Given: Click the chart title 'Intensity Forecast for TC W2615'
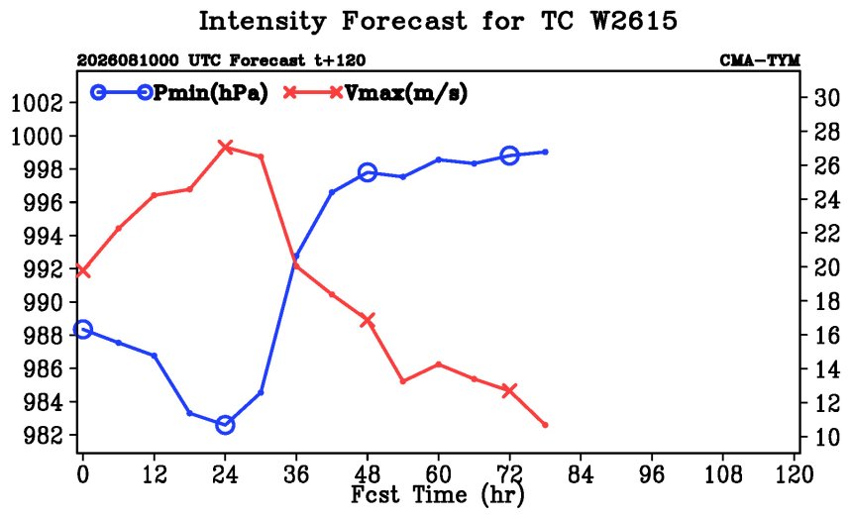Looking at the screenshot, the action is tap(438, 21).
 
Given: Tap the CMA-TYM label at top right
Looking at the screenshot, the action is tap(760, 60).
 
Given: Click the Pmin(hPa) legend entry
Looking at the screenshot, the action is tap(179, 93).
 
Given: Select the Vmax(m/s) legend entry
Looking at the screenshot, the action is tap(375, 93).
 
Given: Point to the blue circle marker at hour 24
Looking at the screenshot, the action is tap(225, 425).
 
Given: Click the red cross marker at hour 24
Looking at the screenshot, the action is tap(225, 148).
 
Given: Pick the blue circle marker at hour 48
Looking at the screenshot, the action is tap(368, 172).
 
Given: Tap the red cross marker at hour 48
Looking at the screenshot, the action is tap(368, 320).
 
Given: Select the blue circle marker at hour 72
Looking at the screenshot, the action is tap(509, 156).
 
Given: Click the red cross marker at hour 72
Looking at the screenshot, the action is tap(509, 390).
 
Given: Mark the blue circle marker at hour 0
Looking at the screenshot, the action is tap(82, 329).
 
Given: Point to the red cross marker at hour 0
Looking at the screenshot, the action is tap(82, 270).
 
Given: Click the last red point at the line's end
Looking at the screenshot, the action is tap(545, 425).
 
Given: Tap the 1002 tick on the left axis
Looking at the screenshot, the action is tap(37, 103).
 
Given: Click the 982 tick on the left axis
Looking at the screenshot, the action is tap(43, 436).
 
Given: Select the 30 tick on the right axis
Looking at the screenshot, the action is tap(826, 98).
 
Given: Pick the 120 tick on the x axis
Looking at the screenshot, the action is tap(794, 474).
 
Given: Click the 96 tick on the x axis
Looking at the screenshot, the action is tap(652, 474).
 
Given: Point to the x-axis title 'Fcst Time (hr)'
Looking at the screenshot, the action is tap(438, 494).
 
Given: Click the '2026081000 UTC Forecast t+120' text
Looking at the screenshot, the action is tap(221, 60).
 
